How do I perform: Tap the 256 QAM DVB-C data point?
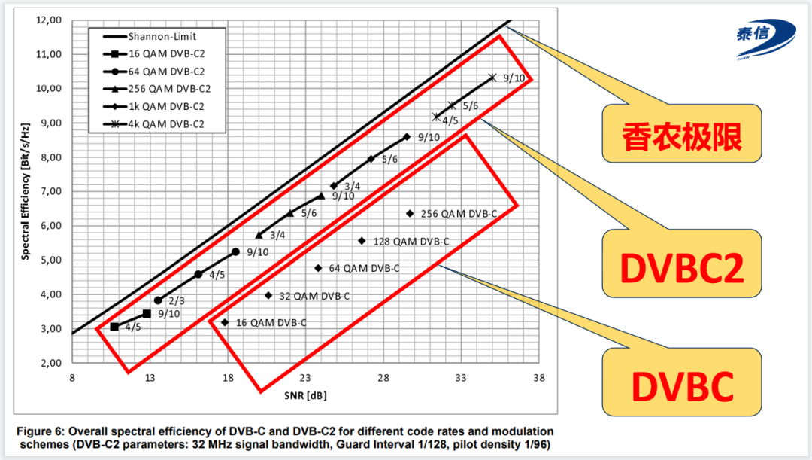click(x=410, y=214)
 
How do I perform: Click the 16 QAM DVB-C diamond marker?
click(x=225, y=322)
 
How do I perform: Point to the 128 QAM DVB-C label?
click(x=411, y=242)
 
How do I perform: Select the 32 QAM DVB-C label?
click(x=314, y=296)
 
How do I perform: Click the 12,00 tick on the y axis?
click(x=50, y=20)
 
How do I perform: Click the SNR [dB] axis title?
click(x=305, y=395)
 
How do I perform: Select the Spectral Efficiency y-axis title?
click(x=25, y=191)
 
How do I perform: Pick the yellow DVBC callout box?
click(x=682, y=386)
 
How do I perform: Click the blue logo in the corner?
click(x=764, y=38)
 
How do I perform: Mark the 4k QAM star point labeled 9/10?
click(x=492, y=78)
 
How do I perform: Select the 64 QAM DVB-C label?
click(x=364, y=268)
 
